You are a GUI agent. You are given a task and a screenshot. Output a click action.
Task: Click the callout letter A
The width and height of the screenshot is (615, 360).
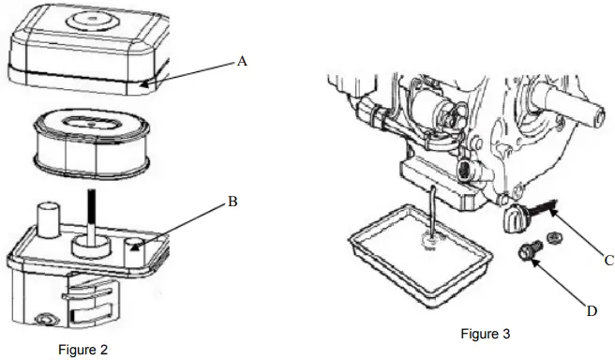click(x=242, y=61)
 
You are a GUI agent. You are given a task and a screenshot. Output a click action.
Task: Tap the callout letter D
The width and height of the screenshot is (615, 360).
click(x=591, y=309)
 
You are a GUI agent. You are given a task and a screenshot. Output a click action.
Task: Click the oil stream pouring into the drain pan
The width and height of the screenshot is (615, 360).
click(x=429, y=212)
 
